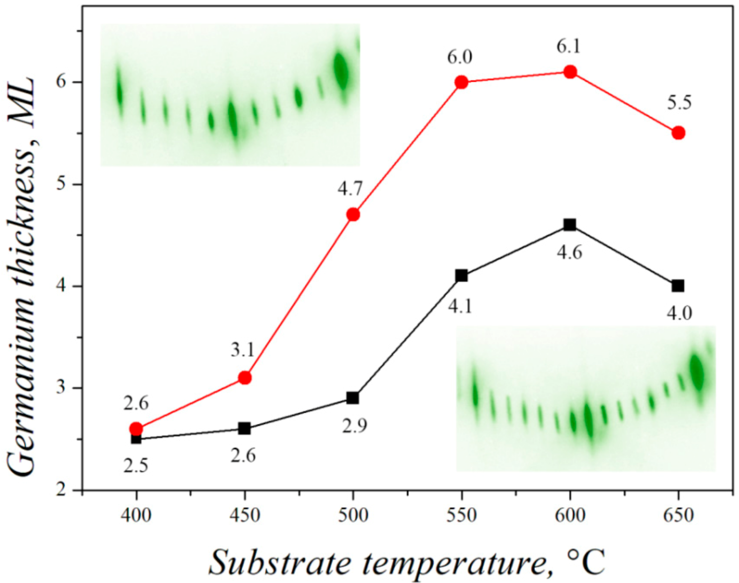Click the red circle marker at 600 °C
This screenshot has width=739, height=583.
pos(570,72)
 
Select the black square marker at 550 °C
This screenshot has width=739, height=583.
pos(461,276)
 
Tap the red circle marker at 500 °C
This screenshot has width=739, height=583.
pos(353,215)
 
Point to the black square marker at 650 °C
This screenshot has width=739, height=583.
pos(678,286)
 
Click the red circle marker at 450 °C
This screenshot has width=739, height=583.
pos(245,378)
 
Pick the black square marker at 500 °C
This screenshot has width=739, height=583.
pos(353,398)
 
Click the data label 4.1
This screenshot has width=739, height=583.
pos(460,307)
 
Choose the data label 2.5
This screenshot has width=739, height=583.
pos(136,466)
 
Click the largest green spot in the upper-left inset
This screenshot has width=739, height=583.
pos(341,70)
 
